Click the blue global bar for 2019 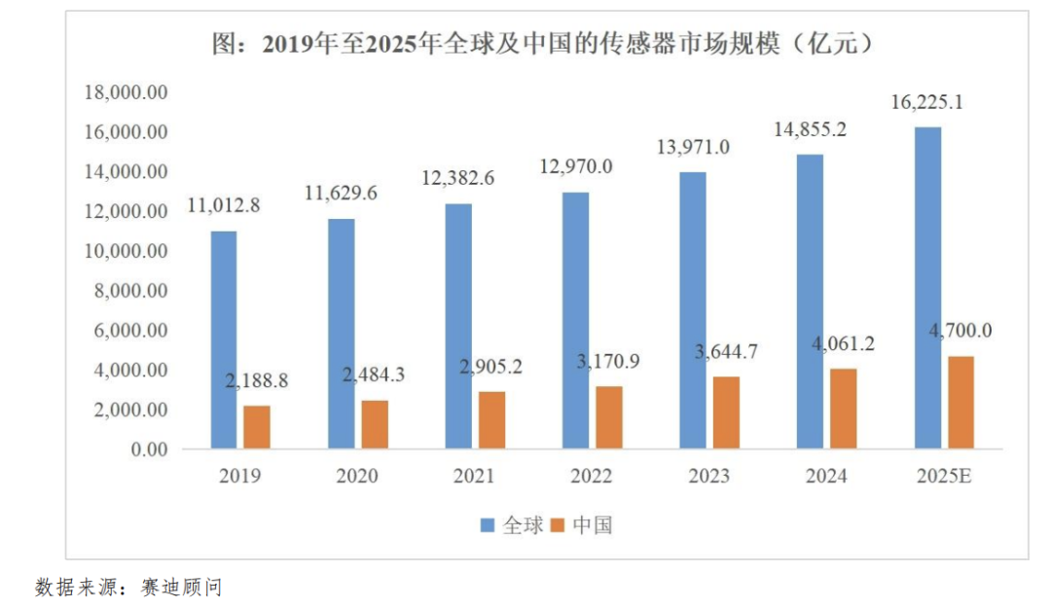click(224, 340)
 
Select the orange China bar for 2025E click(960, 403)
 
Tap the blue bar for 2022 click(575, 321)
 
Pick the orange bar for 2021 click(491, 420)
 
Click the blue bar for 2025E click(927, 288)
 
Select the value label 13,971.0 click(693, 147)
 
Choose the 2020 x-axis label click(357, 477)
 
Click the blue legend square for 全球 click(489, 526)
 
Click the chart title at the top click(541, 44)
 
